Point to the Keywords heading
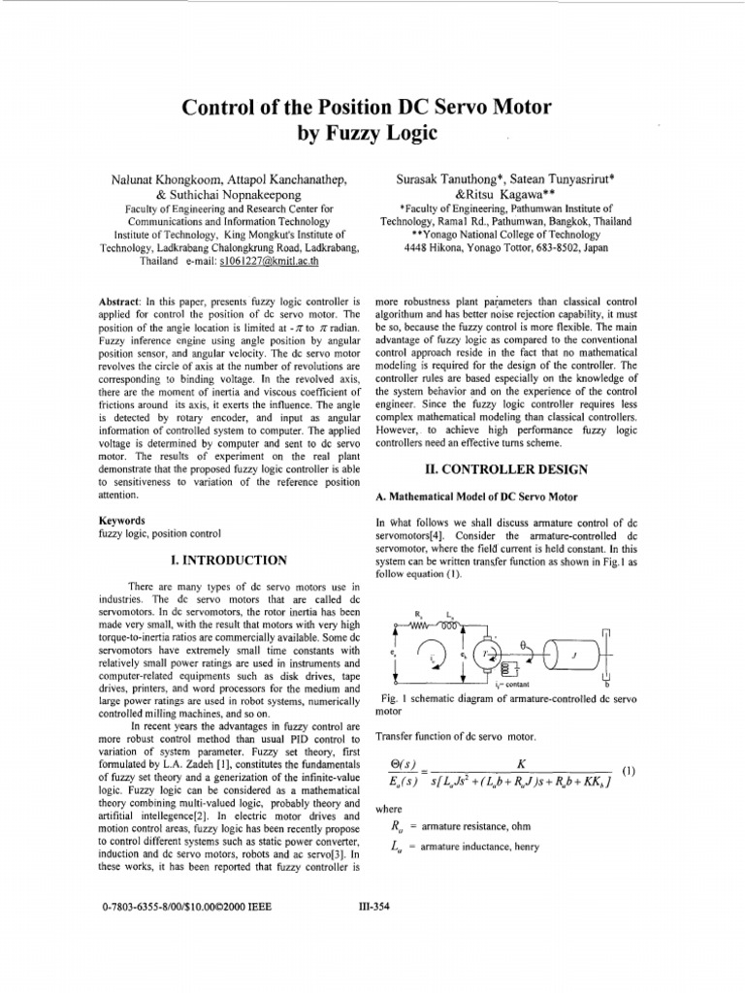[122, 520]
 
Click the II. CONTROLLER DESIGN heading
[494, 469]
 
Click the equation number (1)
[629, 771]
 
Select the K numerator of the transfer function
[521, 764]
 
